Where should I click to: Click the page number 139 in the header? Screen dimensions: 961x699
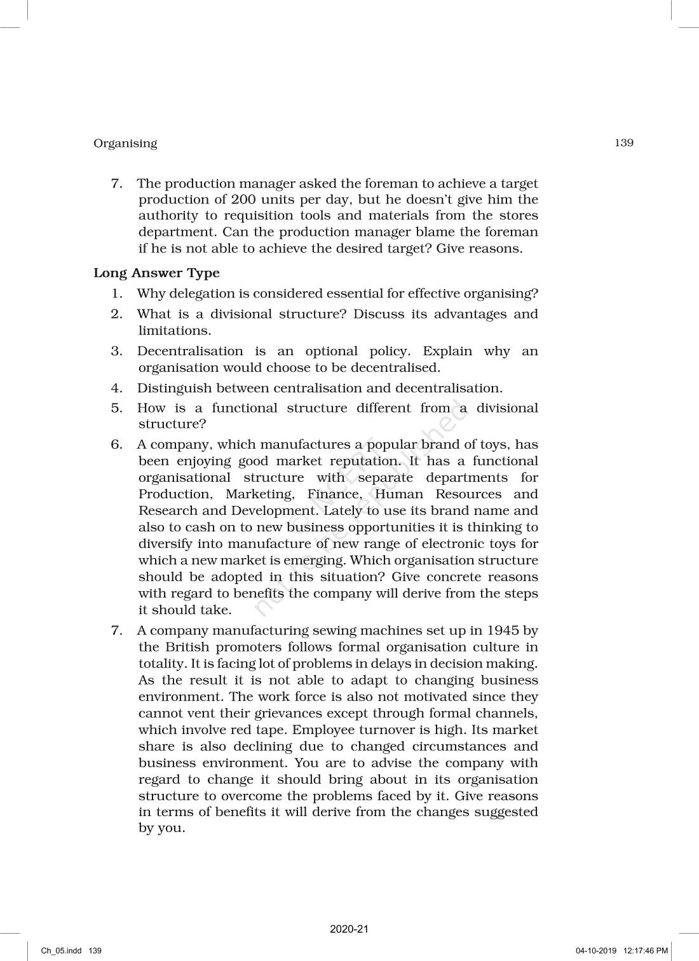[623, 143]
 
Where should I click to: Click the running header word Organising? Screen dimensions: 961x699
[125, 144]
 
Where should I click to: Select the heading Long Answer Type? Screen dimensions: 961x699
[156, 273]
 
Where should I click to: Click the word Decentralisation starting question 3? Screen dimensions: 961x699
[190, 351]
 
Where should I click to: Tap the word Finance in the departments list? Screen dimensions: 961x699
[334, 494]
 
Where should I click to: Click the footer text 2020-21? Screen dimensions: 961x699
[349, 929]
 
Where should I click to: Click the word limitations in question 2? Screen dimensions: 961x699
[173, 331]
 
